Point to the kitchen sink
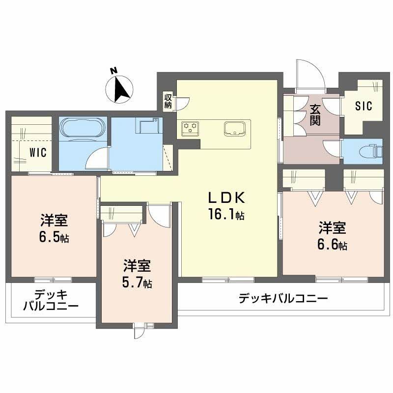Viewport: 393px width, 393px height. tap(235, 129)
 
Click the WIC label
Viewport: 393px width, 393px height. tap(37, 152)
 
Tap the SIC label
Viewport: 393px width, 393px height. tap(363, 106)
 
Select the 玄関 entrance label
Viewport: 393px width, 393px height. tap(314, 114)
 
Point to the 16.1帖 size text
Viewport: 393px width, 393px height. tap(225, 215)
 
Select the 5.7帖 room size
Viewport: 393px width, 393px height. tap(137, 283)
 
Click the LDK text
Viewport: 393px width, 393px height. tap(225, 197)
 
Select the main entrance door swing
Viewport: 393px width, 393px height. tap(309, 74)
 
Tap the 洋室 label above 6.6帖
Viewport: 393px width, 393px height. tap(333, 228)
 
